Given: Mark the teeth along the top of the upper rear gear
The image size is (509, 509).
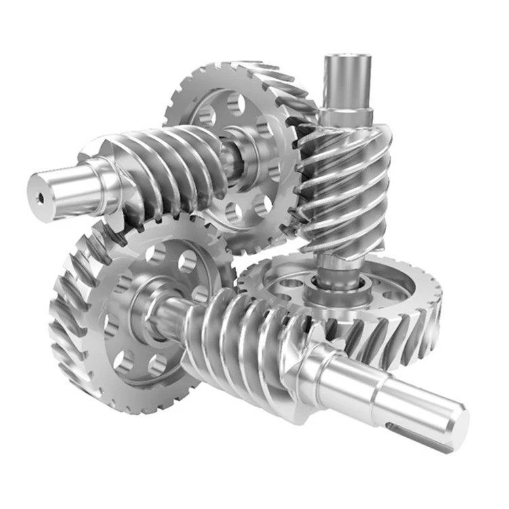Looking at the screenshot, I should click(x=238, y=71).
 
